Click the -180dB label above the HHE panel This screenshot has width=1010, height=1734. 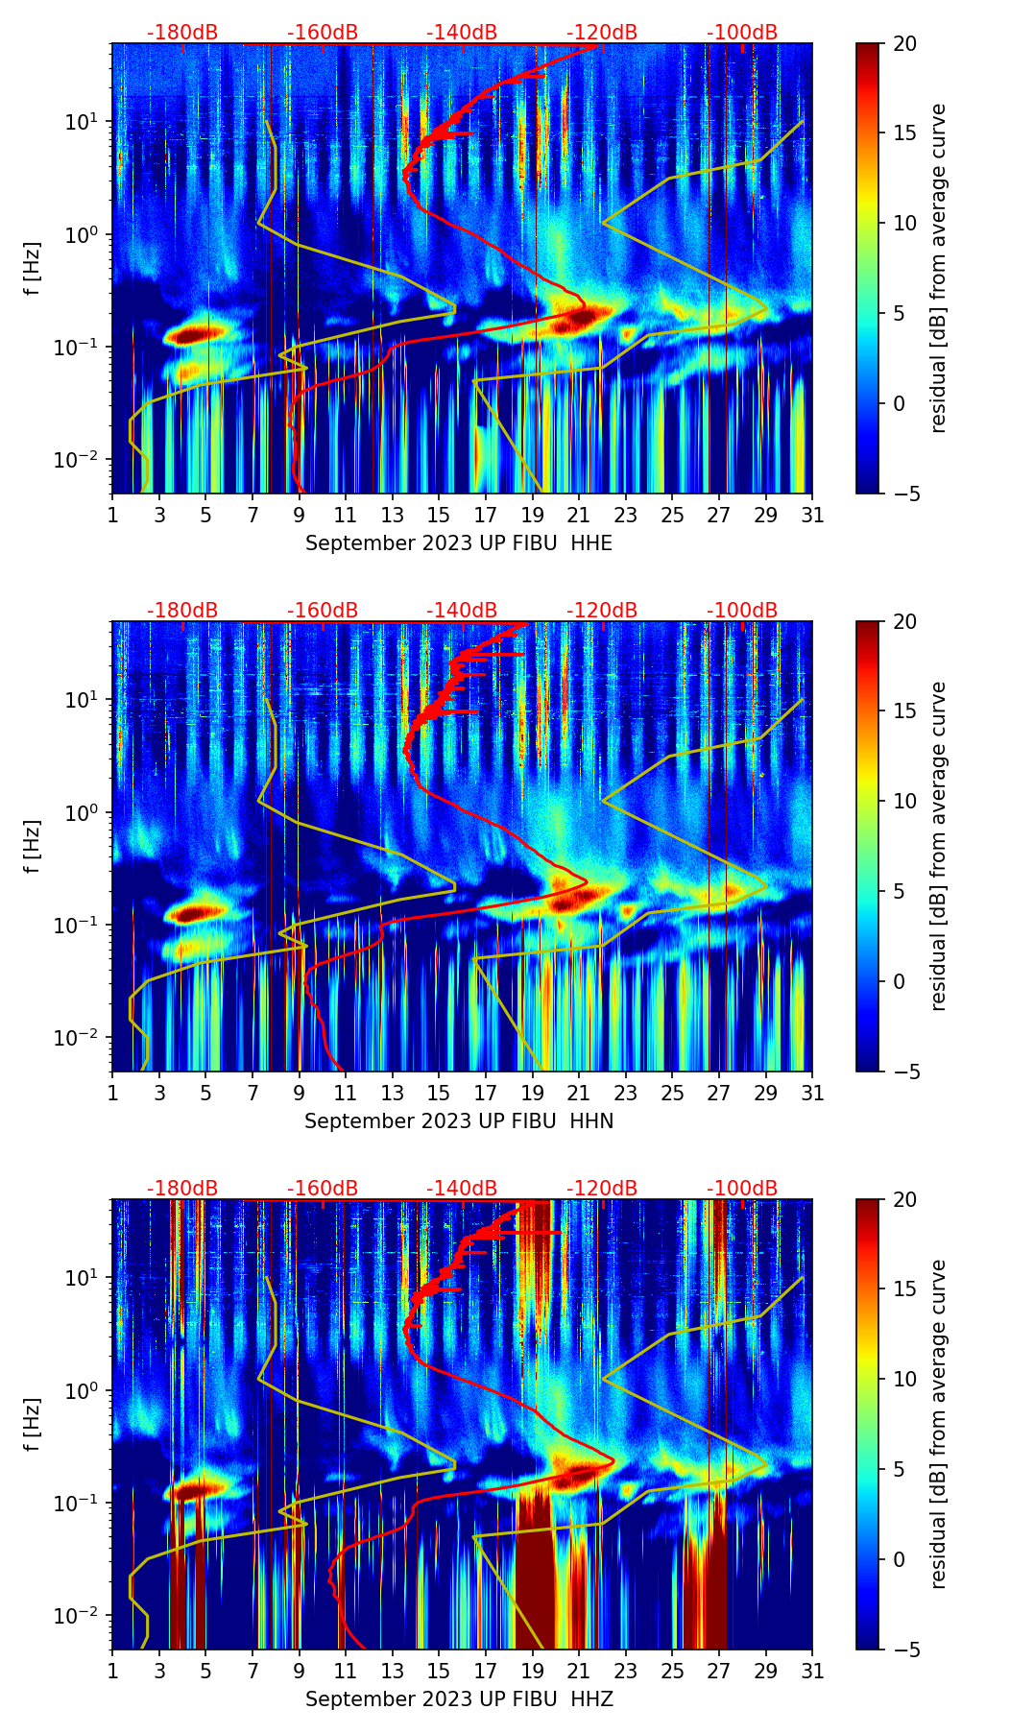(182, 33)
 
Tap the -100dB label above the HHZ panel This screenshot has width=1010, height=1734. (742, 1189)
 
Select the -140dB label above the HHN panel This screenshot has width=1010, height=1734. (462, 611)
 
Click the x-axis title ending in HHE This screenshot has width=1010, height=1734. (458, 543)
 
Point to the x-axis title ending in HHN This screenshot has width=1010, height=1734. (458, 1121)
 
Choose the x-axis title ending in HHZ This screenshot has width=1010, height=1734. (458, 1699)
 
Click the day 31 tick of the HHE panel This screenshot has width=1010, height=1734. (812, 515)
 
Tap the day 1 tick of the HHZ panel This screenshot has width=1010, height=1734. (112, 1671)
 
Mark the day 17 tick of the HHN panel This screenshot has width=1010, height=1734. (486, 1093)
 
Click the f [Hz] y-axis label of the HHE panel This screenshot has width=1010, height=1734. (32, 269)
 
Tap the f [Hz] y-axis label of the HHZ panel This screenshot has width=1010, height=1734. (32, 1425)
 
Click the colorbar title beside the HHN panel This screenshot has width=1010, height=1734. (939, 846)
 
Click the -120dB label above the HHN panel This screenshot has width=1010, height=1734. (602, 611)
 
